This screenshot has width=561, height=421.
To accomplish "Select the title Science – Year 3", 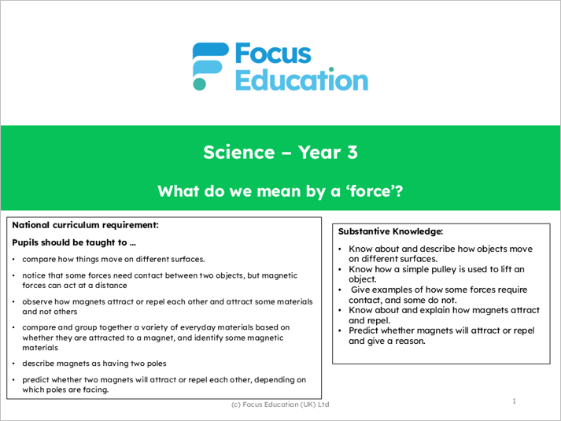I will pos(280,152).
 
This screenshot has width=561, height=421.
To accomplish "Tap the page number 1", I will pos(515,401).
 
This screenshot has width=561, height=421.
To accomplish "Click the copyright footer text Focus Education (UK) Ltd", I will pos(280,404).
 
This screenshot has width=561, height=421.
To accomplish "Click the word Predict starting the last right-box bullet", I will pos(364,331).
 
